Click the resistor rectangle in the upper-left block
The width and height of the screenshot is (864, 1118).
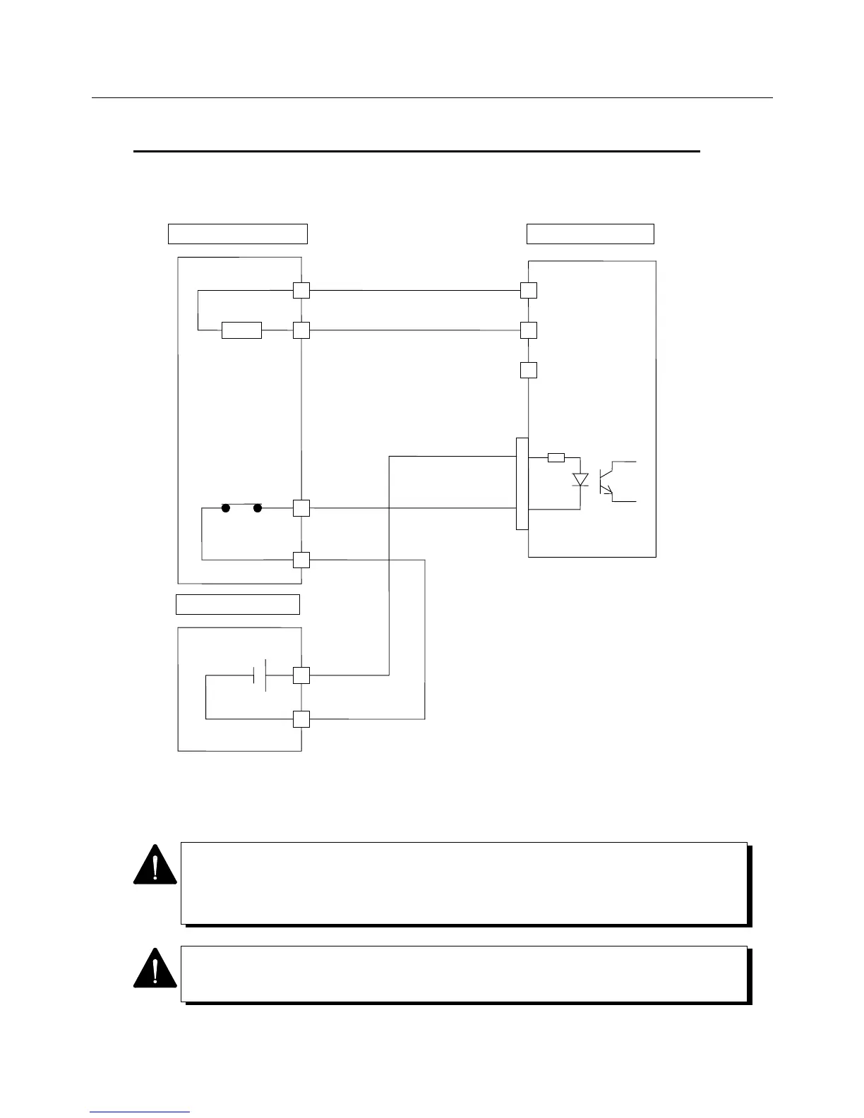241,330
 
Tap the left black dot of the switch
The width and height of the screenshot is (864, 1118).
226,507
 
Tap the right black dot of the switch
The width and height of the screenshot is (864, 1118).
258,507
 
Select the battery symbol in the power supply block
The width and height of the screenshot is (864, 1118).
259,675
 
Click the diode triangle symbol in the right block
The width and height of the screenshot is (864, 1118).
580,480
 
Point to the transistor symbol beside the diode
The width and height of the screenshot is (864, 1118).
606,481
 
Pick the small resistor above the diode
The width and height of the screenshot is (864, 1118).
556,457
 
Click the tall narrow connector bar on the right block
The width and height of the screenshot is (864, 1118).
522,483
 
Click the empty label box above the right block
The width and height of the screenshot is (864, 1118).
590,234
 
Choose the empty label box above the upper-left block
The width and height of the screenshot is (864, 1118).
237,234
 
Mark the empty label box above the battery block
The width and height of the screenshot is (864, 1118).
237,605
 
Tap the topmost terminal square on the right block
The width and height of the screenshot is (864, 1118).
528,290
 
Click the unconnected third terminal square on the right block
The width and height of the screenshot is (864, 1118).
528,370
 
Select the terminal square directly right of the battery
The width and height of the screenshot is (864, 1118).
301,675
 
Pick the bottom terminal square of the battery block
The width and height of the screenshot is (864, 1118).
301,719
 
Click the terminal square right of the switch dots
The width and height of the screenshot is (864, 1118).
301,507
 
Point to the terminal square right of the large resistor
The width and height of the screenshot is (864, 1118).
301,330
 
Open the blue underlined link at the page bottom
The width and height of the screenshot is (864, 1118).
140,1112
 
